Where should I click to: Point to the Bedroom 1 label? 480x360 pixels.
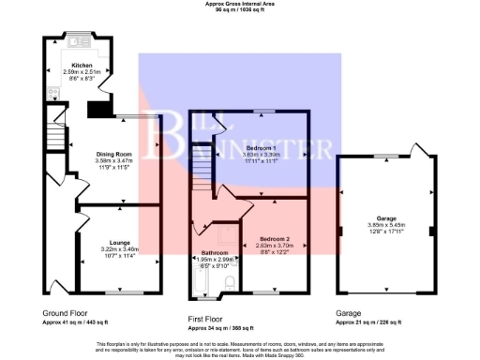click(x=260, y=149)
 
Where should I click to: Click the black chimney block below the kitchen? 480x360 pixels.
click(x=97, y=111)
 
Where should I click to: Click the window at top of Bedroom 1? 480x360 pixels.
click(x=260, y=112)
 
